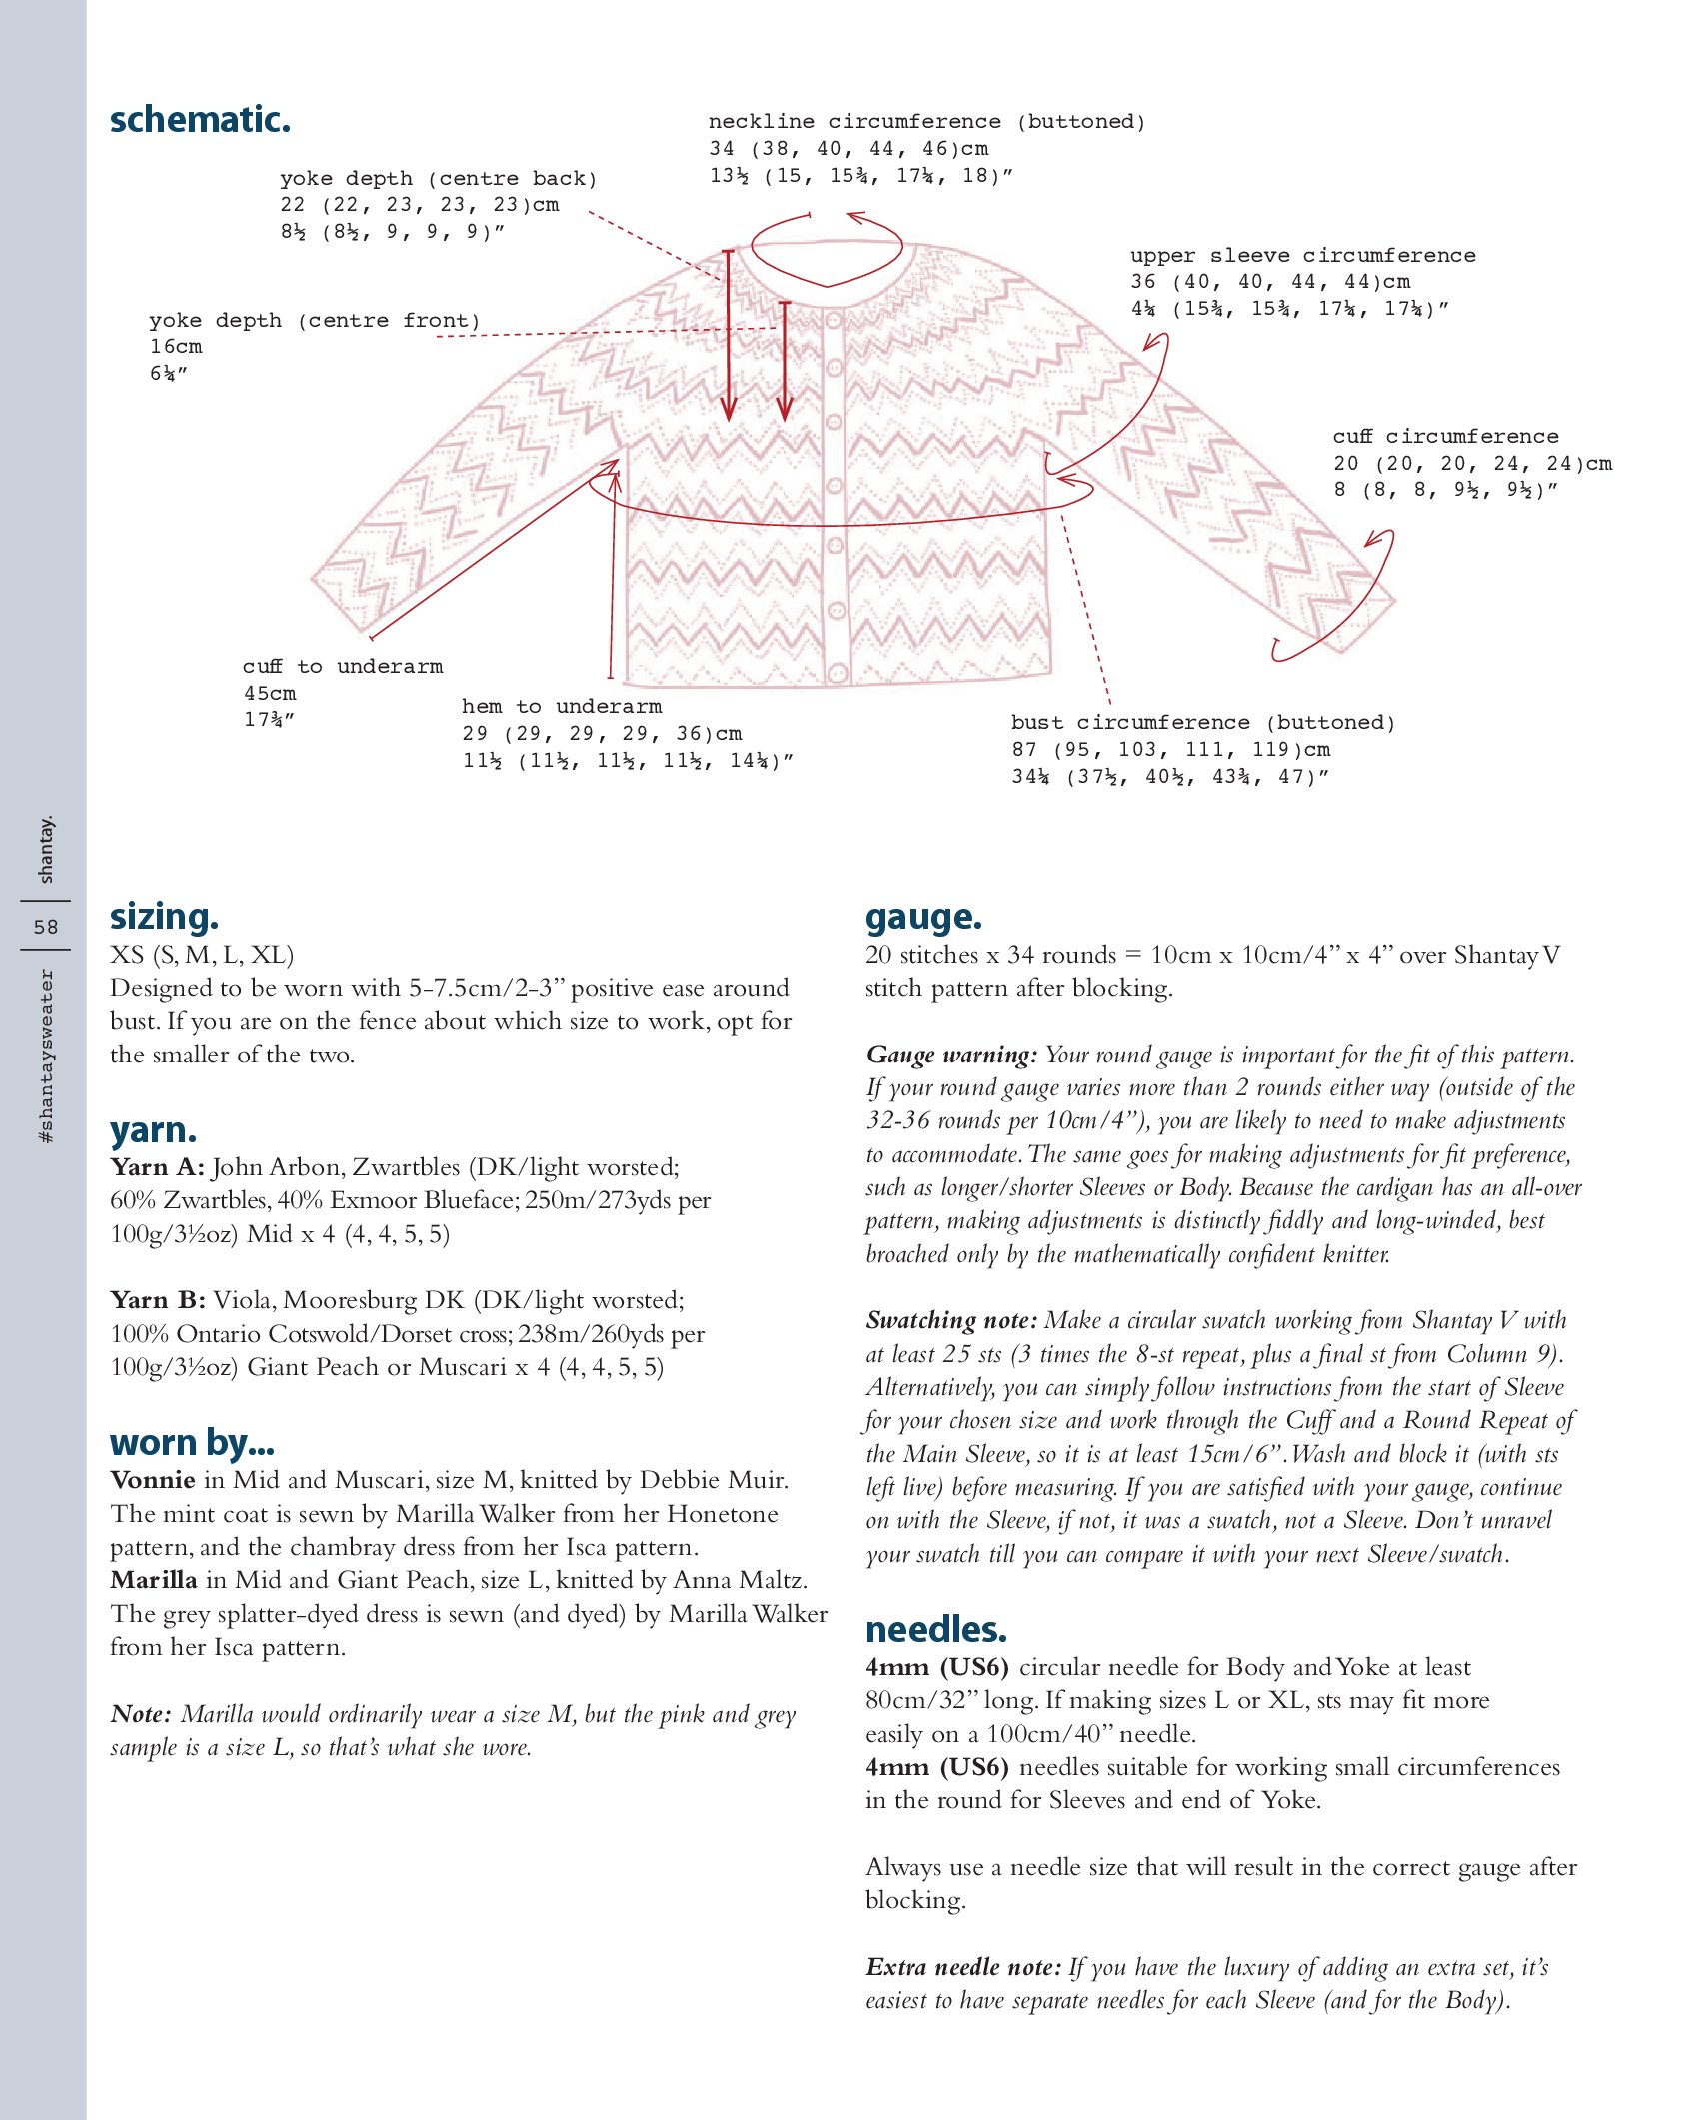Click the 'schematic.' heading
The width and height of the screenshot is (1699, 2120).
(200, 120)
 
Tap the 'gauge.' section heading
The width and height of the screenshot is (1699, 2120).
(923, 917)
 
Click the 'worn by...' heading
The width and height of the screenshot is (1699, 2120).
(192, 1443)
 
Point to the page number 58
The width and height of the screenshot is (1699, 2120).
(46, 927)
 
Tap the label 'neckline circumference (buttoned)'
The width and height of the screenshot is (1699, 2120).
(926, 122)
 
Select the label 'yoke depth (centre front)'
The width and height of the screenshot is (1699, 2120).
(315, 321)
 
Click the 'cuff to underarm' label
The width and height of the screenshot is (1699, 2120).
(342, 667)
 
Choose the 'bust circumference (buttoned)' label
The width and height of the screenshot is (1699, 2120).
(1202, 723)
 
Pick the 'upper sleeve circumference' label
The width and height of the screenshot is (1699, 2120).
(1302, 256)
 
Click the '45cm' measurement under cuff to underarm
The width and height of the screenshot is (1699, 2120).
(270, 694)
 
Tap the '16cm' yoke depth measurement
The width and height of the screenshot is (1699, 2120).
(176, 347)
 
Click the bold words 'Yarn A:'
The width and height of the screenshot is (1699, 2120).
(157, 1167)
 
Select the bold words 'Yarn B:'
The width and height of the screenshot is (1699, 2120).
(158, 1300)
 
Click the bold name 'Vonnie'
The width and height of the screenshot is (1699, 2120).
(153, 1480)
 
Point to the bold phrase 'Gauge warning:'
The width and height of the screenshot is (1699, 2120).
(951, 1056)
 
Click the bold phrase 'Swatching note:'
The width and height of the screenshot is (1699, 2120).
(951, 1321)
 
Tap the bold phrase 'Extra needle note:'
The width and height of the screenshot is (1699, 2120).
(963, 1968)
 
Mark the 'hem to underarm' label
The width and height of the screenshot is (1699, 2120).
(561, 707)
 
